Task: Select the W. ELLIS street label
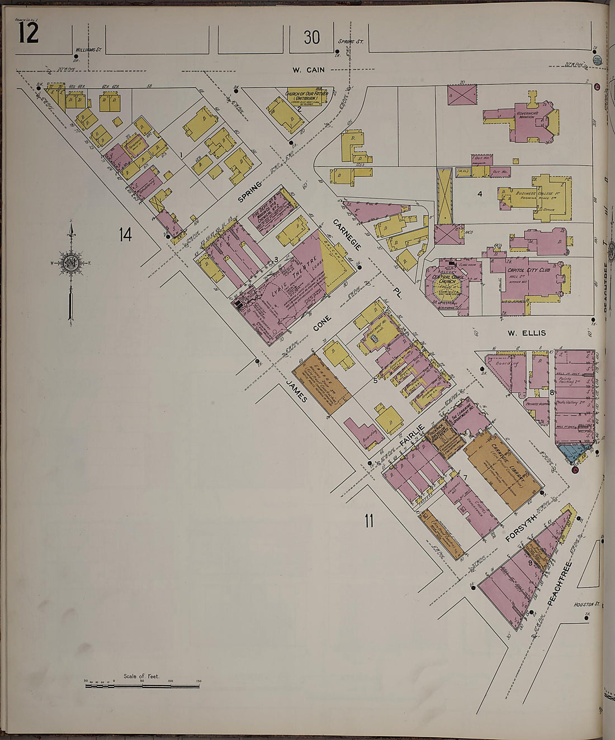526,333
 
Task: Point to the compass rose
70,262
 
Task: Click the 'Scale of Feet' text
141,676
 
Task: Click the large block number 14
125,235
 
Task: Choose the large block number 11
368,522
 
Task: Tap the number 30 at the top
311,37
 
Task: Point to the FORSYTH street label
521,528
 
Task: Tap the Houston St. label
586,604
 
